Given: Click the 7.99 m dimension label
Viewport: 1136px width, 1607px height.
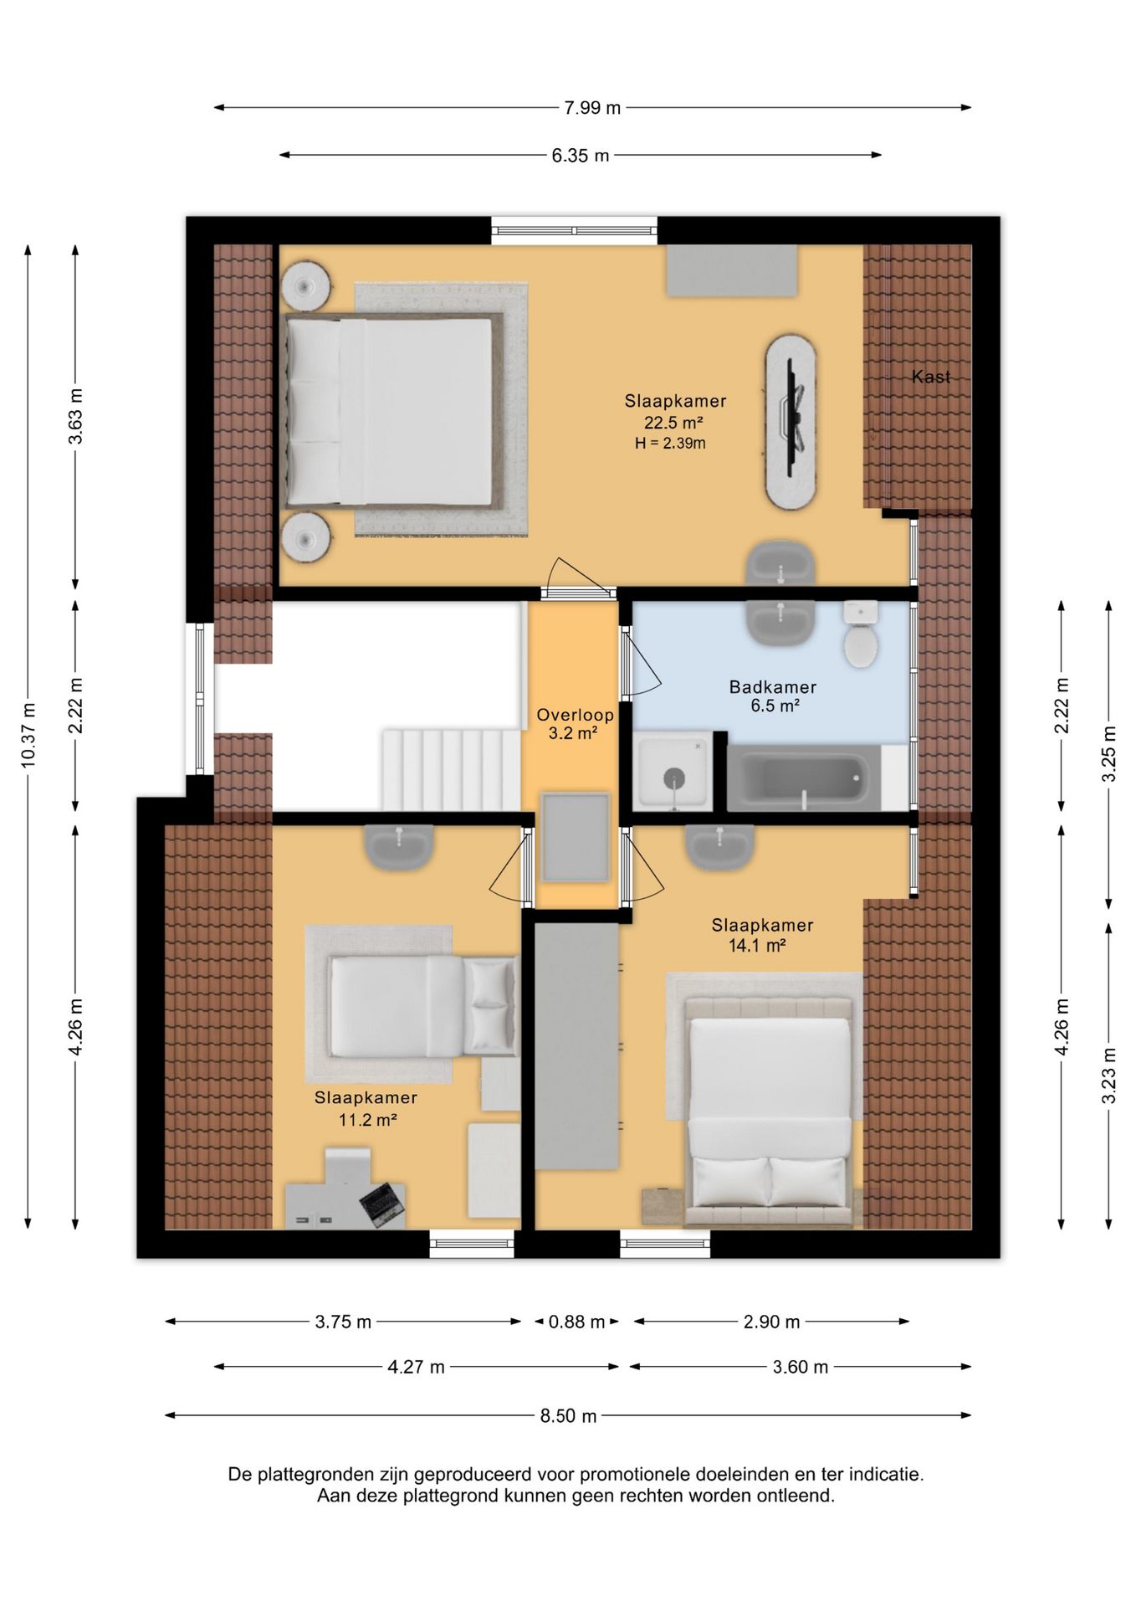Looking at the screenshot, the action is tap(592, 107).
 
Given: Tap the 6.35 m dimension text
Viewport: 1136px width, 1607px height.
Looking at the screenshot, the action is tap(581, 155).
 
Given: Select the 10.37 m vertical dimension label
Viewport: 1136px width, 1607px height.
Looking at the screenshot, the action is tap(28, 735).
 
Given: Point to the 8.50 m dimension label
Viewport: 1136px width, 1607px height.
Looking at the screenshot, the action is tap(568, 1415).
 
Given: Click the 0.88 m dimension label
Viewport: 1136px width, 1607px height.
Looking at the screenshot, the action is tap(576, 1322).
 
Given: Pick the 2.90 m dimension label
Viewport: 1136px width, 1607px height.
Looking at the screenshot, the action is tap(771, 1322).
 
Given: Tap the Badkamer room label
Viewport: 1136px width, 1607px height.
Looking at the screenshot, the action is tap(773, 687).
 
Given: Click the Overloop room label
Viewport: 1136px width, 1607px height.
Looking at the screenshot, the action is tap(575, 715).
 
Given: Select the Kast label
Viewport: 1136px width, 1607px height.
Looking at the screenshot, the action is tap(931, 377).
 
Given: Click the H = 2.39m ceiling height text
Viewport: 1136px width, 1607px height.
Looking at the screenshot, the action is tap(670, 444).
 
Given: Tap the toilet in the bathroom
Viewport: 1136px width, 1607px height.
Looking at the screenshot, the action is tap(860, 634).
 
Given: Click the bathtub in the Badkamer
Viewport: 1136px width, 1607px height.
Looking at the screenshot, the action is tap(802, 778).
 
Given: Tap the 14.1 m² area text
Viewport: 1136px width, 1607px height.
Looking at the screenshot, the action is tap(757, 946).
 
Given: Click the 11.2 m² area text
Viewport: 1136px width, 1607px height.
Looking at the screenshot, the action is tap(367, 1119).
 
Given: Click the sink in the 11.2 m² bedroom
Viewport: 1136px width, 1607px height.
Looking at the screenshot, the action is tap(399, 846).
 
